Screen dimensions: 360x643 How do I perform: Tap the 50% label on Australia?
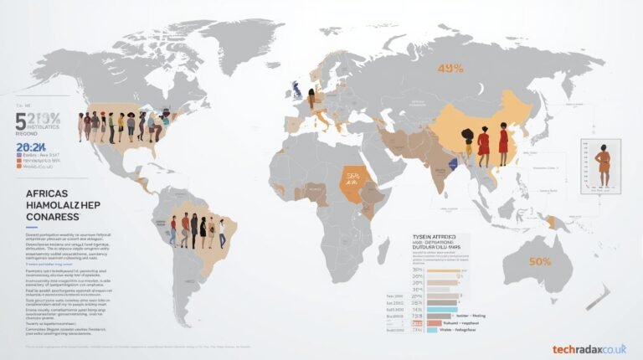tap(539, 261)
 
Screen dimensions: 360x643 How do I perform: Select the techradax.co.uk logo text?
tap(589, 349)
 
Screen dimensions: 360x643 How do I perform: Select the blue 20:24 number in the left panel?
tap(29, 147)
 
